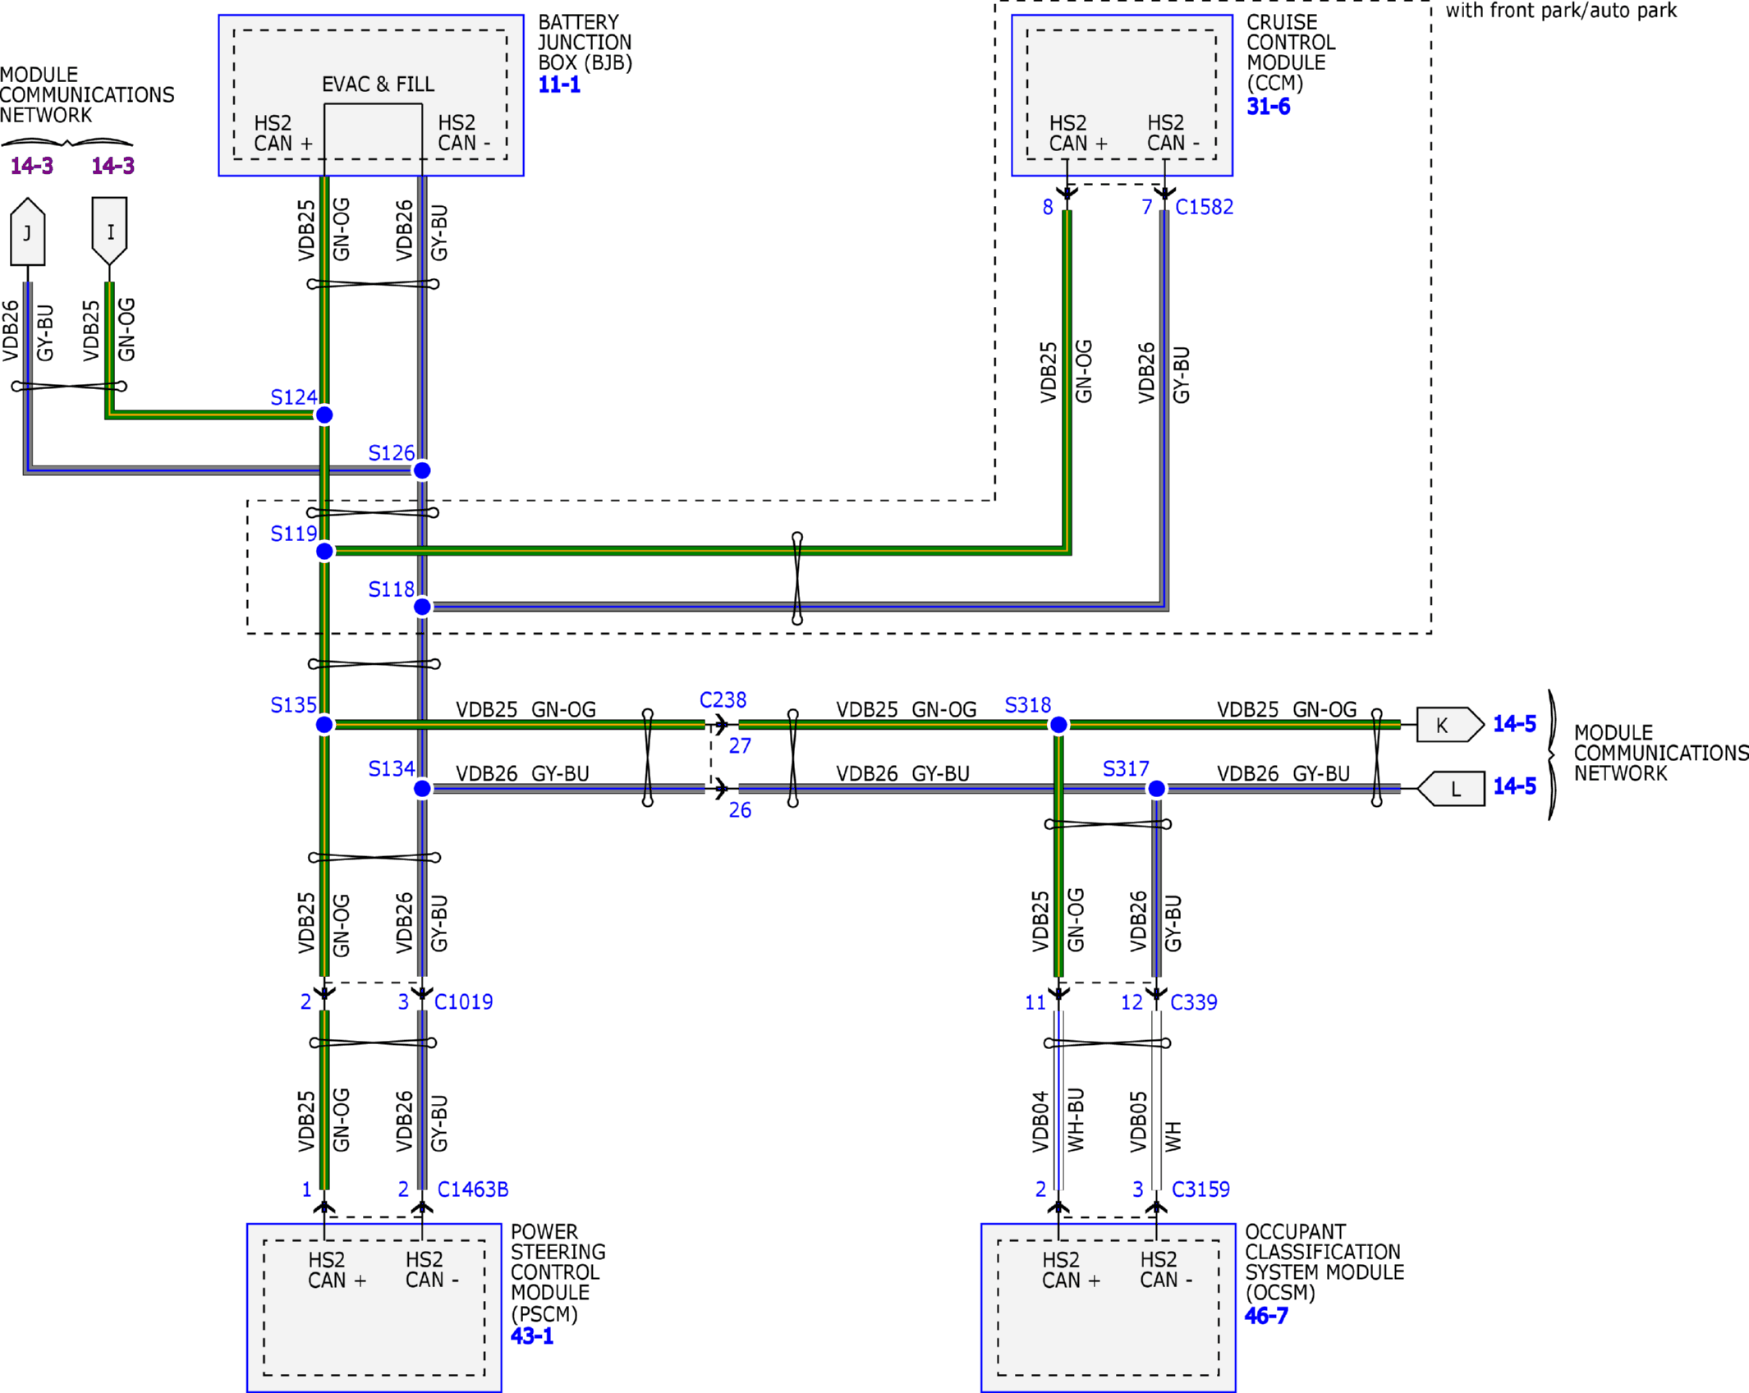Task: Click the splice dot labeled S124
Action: tap(324, 415)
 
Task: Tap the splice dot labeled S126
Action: tap(422, 470)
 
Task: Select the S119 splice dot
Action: tap(324, 552)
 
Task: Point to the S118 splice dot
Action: tap(422, 607)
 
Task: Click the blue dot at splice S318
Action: tap(1058, 725)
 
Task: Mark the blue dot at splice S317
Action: tap(1156, 789)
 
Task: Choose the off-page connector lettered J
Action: tap(28, 231)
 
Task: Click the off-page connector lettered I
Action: tap(109, 231)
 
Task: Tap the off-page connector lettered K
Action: tap(1450, 725)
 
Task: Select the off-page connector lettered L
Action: tap(1451, 789)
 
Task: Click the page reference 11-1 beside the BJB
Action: tap(559, 85)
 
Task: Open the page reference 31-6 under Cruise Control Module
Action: tap(1268, 107)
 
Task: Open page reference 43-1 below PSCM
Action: tap(532, 1336)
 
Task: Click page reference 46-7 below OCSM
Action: tap(1266, 1316)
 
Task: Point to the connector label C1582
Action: tap(1204, 207)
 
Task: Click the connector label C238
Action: tap(723, 700)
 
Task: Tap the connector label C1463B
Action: tap(473, 1189)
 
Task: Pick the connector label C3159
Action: tap(1200, 1189)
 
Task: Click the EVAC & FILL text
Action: tap(378, 85)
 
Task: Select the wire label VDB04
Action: tap(1040, 1121)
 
